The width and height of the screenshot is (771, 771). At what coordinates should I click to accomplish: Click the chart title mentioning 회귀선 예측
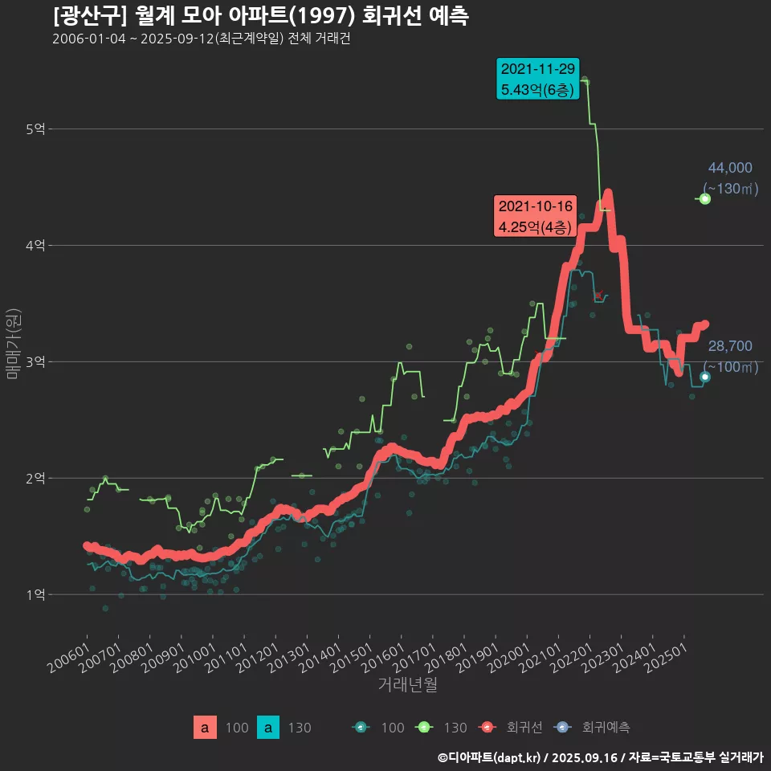coord(261,15)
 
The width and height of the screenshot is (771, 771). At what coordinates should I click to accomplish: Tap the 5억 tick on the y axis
coord(36,128)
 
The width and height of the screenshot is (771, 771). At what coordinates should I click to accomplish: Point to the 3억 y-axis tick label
coord(36,361)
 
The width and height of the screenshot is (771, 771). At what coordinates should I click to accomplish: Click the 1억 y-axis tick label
coord(36,594)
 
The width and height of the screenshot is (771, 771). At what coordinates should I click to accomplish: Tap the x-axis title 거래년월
coord(407,685)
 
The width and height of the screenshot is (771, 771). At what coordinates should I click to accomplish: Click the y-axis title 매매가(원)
coord(13,344)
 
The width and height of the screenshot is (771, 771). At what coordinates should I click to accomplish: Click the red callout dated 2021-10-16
coord(535,217)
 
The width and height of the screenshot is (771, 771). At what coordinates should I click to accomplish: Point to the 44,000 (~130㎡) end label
coord(730,178)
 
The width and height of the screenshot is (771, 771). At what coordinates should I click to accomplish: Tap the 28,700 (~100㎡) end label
coord(730,357)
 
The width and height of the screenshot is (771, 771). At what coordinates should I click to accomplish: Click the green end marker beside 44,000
coord(704,198)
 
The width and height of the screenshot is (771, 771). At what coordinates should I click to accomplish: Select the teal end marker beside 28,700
coord(704,377)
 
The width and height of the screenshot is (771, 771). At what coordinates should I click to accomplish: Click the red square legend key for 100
coord(205,728)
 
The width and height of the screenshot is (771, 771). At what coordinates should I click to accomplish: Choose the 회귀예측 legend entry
coord(594,728)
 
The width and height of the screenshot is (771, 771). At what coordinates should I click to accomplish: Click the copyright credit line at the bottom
coord(600,757)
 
